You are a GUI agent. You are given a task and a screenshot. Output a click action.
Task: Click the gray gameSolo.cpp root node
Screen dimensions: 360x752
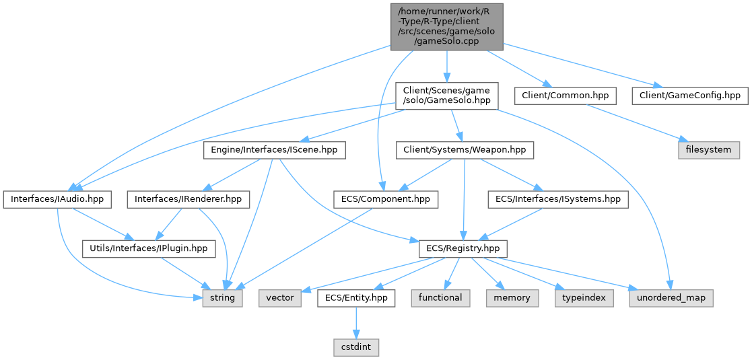pyautogui.click(x=446, y=26)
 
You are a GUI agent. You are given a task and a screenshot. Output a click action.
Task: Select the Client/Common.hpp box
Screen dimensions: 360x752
pyautogui.click(x=565, y=96)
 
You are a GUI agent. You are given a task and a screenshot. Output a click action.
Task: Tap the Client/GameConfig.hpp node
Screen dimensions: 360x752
pyautogui.click(x=689, y=96)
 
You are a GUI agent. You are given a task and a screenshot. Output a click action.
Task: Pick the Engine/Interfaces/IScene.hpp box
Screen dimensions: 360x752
pyautogui.click(x=274, y=149)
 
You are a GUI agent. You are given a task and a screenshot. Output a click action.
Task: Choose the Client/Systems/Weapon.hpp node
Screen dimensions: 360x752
pyautogui.click(x=465, y=149)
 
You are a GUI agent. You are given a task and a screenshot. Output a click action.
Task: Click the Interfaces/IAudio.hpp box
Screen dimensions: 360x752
pyautogui.click(x=57, y=199)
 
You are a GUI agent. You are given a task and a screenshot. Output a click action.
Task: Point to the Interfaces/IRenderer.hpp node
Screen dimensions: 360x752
pyautogui.click(x=192, y=199)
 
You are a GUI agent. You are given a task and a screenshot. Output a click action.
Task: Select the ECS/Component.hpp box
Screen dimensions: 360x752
pyautogui.click(x=386, y=199)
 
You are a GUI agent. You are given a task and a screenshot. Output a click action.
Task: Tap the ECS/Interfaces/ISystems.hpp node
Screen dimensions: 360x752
pyautogui.click(x=558, y=199)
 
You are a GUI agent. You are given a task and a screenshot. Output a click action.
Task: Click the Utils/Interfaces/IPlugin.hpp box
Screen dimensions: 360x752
pyautogui.click(x=149, y=249)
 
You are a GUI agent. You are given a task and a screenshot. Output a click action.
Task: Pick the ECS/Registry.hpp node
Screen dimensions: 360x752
pyautogui.click(x=463, y=249)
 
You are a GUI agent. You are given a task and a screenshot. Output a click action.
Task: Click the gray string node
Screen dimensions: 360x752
pyautogui.click(x=223, y=297)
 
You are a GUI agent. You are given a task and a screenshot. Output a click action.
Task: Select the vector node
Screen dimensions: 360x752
pyautogui.click(x=280, y=297)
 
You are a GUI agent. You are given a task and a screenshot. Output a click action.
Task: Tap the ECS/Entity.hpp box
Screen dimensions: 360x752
pyautogui.click(x=355, y=297)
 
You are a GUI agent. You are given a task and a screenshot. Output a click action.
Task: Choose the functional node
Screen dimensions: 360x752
pyautogui.click(x=440, y=297)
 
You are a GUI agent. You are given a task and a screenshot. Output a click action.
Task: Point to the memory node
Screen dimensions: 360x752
pyautogui.click(x=512, y=297)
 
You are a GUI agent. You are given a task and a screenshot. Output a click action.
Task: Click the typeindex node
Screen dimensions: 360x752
pyautogui.click(x=584, y=297)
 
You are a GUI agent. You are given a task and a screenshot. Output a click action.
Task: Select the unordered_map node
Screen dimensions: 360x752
pyautogui.click(x=671, y=297)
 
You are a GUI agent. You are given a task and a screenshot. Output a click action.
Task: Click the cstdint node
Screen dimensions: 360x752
pyautogui.click(x=355, y=347)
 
